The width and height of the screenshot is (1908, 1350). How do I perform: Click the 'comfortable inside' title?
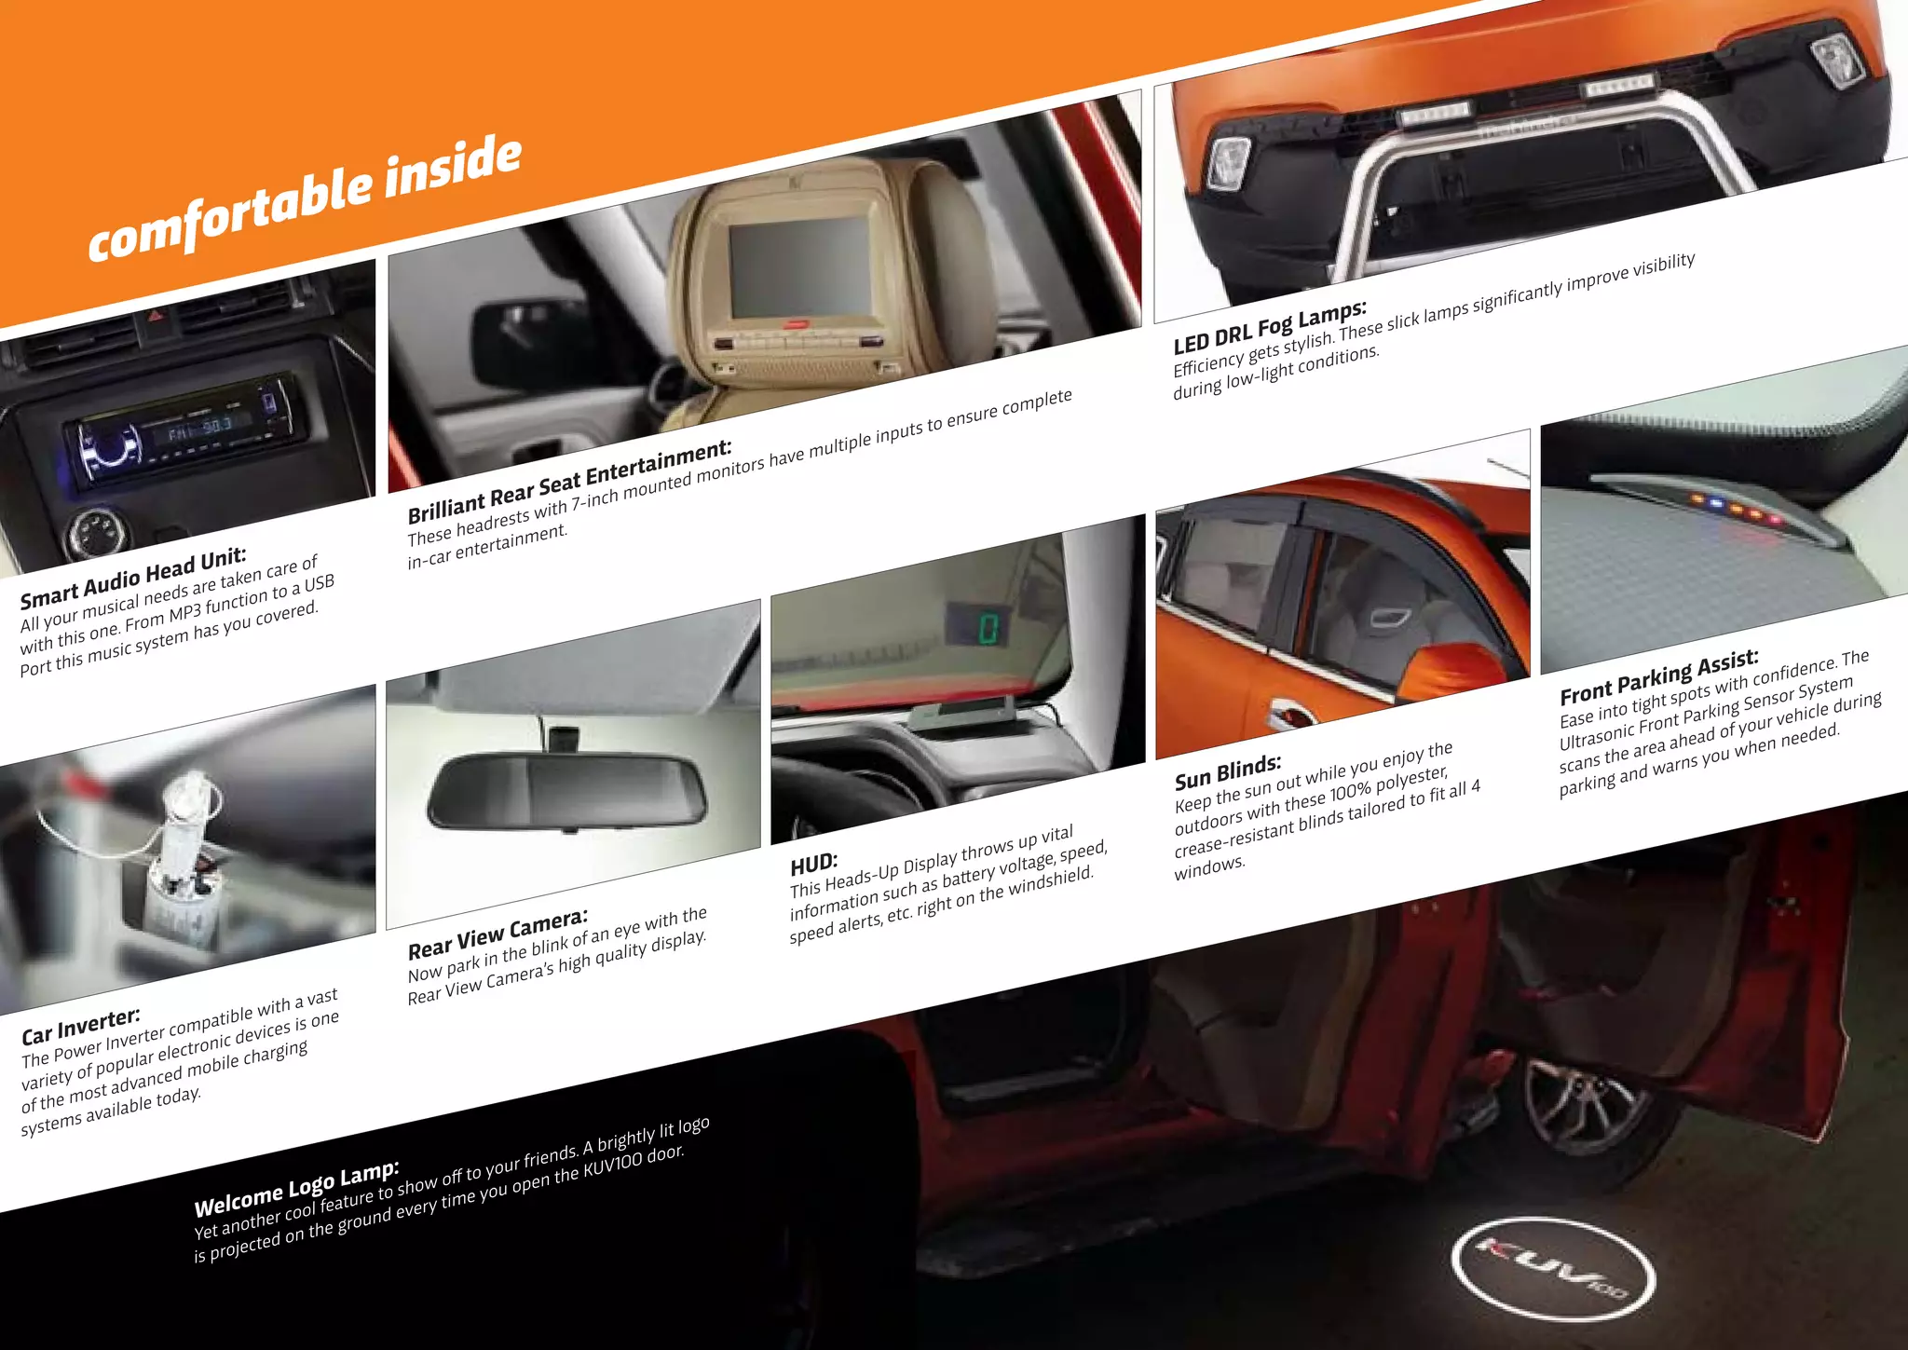click(304, 198)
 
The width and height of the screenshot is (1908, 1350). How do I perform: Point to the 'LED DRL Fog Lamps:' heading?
click(1270, 327)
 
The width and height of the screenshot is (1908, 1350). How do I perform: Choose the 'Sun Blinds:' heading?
click(1228, 771)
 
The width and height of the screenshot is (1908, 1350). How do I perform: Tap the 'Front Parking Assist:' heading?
click(1659, 677)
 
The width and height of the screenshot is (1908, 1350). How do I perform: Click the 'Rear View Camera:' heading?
click(497, 934)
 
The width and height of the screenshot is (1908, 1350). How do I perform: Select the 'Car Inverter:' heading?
click(81, 1025)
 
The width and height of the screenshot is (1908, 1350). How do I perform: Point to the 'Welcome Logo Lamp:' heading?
click(296, 1189)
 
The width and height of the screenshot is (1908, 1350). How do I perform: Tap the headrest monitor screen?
click(799, 266)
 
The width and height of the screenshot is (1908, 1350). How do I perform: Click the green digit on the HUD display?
click(988, 628)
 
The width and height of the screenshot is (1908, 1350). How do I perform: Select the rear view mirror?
click(566, 792)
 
